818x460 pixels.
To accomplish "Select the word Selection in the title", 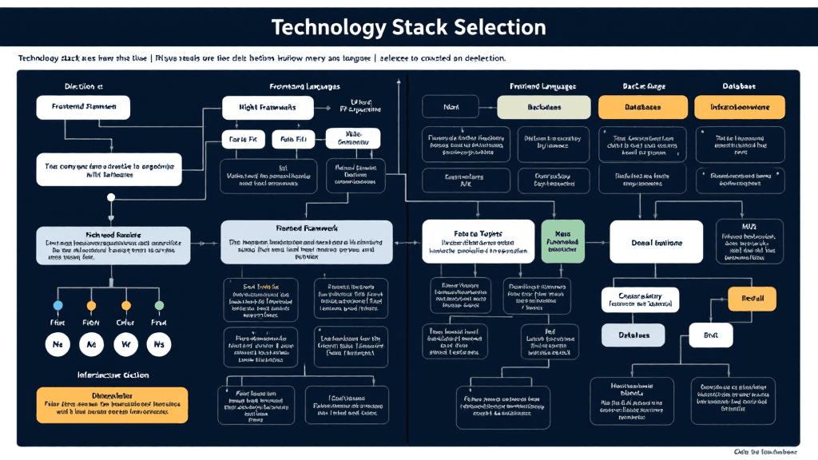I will (x=500, y=27).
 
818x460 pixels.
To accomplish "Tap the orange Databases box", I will (x=642, y=107).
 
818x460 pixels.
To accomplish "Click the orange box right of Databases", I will (x=739, y=107).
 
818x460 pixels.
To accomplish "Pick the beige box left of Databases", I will (x=543, y=107).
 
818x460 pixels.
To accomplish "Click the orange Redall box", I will (x=752, y=299).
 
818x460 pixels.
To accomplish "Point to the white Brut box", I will (x=710, y=335).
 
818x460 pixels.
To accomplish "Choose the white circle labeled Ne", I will (x=58, y=344).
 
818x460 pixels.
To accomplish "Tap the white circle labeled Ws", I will (x=159, y=344).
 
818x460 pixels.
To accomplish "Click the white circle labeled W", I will (x=125, y=344).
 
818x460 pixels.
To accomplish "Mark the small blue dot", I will (x=58, y=306).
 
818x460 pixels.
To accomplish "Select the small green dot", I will (x=159, y=306).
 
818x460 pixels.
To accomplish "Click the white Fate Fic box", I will (x=242, y=139).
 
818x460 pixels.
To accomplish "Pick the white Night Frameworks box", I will (x=267, y=107).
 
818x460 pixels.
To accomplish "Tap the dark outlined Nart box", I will (x=450, y=107).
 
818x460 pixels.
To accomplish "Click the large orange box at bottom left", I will (x=113, y=405).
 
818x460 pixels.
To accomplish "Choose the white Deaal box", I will (x=657, y=242).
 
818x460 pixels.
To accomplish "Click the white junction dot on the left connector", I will (x=111, y=216).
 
